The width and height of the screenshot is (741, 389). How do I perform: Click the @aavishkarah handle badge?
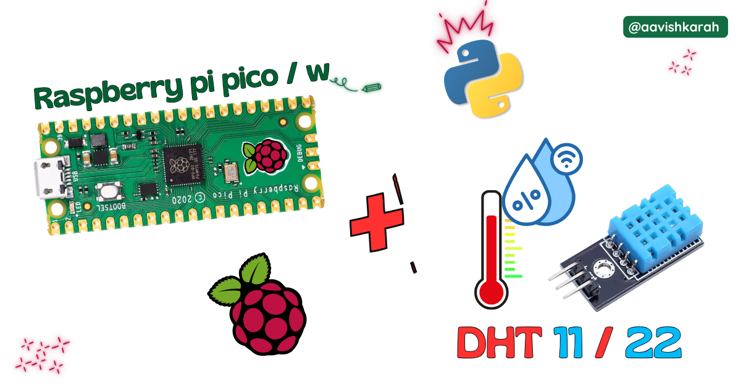tap(676, 27)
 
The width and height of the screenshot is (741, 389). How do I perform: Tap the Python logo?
tap(483, 77)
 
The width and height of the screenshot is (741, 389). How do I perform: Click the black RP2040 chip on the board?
tap(182, 165)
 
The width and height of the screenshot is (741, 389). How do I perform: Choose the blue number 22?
tap(653, 343)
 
